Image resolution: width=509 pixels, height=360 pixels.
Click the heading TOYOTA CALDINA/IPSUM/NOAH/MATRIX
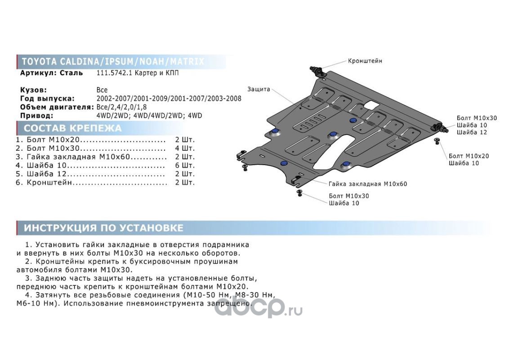[112, 62]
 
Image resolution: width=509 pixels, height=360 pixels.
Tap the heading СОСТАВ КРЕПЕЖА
[72, 128]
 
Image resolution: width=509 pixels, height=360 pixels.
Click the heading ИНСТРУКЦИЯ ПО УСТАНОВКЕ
[103, 228]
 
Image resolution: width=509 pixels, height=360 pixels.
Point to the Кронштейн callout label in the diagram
[365, 61]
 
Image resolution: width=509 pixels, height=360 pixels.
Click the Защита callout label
[259, 89]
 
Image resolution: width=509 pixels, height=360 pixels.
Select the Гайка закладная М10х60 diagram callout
[367, 184]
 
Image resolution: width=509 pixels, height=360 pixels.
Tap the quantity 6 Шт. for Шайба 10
[185, 165]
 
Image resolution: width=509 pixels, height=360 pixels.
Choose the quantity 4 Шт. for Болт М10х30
[185, 148]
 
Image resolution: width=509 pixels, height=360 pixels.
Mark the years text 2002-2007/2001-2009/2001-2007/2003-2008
[169, 99]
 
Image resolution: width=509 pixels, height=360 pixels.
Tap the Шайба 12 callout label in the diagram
[472, 132]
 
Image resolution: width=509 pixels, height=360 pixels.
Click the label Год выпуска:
[47, 99]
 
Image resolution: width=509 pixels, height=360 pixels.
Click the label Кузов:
[34, 90]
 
